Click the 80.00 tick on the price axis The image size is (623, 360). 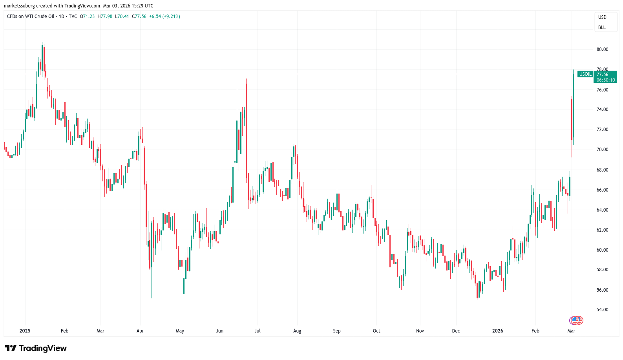(x=602, y=49)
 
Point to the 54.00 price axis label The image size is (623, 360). (x=602, y=310)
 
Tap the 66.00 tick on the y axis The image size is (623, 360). (x=602, y=190)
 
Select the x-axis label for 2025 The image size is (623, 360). (x=25, y=331)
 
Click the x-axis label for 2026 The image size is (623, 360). (x=497, y=331)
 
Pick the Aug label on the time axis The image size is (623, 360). (x=297, y=331)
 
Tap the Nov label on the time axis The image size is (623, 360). (x=420, y=331)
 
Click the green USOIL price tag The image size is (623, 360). (x=585, y=74)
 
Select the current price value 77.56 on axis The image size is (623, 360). (x=602, y=74)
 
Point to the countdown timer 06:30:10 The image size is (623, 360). (x=606, y=80)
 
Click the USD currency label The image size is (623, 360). (x=602, y=17)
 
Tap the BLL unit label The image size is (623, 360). (x=602, y=27)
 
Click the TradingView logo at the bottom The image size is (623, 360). (x=36, y=348)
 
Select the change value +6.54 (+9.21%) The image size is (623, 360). (x=164, y=16)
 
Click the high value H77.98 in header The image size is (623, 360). (x=105, y=16)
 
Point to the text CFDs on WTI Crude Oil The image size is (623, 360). (x=31, y=16)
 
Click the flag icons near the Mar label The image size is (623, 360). (x=576, y=320)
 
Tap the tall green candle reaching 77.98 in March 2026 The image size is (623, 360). (x=574, y=106)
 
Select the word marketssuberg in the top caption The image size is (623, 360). (x=19, y=6)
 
